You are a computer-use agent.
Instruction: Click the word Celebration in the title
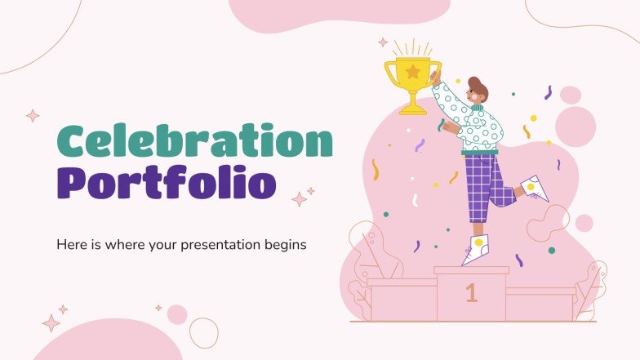tap(194, 144)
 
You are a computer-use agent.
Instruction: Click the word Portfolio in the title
tap(166, 184)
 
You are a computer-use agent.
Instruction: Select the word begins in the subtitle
tap(285, 244)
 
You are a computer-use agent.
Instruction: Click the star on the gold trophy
tap(412, 72)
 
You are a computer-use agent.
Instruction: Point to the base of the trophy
tap(412, 109)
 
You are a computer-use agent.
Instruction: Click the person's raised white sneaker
tap(535, 189)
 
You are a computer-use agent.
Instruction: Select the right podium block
tap(540, 304)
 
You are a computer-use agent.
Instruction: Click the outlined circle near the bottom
tap(204, 332)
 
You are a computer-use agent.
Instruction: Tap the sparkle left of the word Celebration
tap(33, 116)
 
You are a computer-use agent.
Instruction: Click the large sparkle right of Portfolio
tap(300, 198)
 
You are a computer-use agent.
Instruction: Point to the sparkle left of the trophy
tap(382, 42)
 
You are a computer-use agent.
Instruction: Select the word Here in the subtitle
tap(70, 244)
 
